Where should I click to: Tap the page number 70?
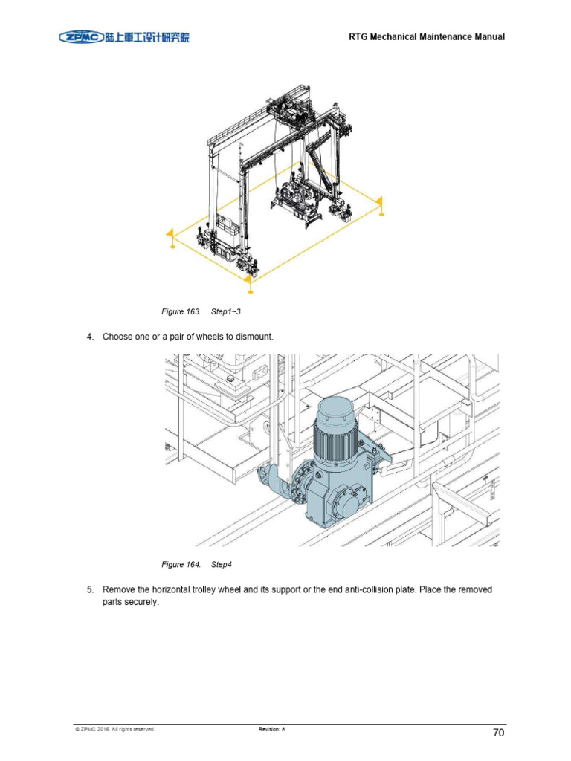[498, 733]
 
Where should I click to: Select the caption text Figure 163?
[181, 311]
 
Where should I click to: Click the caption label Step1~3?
[225, 311]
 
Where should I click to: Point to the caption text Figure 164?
[181, 565]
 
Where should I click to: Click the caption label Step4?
[222, 565]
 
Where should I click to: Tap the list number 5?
[90, 590]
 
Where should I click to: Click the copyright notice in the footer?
[115, 729]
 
